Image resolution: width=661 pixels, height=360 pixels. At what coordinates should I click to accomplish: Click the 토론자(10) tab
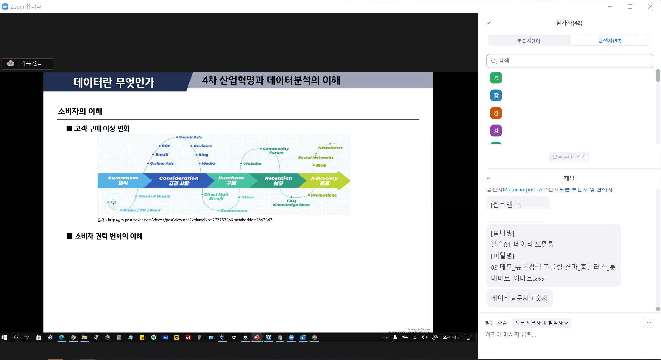[528, 40]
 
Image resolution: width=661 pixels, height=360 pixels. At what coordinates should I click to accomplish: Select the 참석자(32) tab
[610, 40]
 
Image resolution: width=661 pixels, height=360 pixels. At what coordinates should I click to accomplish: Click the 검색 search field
[570, 61]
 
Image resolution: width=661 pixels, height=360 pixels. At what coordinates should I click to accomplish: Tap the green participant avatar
[496, 78]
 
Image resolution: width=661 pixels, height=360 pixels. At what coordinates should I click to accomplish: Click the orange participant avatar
[496, 113]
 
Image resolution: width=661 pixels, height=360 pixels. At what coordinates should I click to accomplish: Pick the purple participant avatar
[496, 131]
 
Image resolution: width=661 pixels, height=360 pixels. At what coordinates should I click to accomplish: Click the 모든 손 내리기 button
[569, 157]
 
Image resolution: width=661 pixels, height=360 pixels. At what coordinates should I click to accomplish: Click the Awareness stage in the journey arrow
[123, 180]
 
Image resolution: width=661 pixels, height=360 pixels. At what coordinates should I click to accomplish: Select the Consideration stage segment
[179, 180]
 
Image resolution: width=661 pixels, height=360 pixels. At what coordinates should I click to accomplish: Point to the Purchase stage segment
[231, 180]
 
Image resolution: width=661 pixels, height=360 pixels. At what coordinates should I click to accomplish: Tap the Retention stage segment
[278, 180]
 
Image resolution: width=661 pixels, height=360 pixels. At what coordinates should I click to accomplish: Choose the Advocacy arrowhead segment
[325, 180]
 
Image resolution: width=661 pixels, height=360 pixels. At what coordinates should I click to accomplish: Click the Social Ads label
[190, 137]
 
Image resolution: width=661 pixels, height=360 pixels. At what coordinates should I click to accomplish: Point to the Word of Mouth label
[154, 196]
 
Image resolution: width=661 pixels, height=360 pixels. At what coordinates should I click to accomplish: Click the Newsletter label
[330, 148]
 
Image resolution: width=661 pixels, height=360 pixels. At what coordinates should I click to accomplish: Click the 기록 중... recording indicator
[28, 63]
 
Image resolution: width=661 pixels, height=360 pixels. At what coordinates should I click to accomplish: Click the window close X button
[650, 7]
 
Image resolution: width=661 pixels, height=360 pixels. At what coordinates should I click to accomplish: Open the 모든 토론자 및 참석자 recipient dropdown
[541, 323]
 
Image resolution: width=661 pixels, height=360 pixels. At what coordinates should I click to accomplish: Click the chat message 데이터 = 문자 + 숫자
[519, 298]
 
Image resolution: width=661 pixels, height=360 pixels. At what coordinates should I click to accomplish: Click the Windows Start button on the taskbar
[4, 337]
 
